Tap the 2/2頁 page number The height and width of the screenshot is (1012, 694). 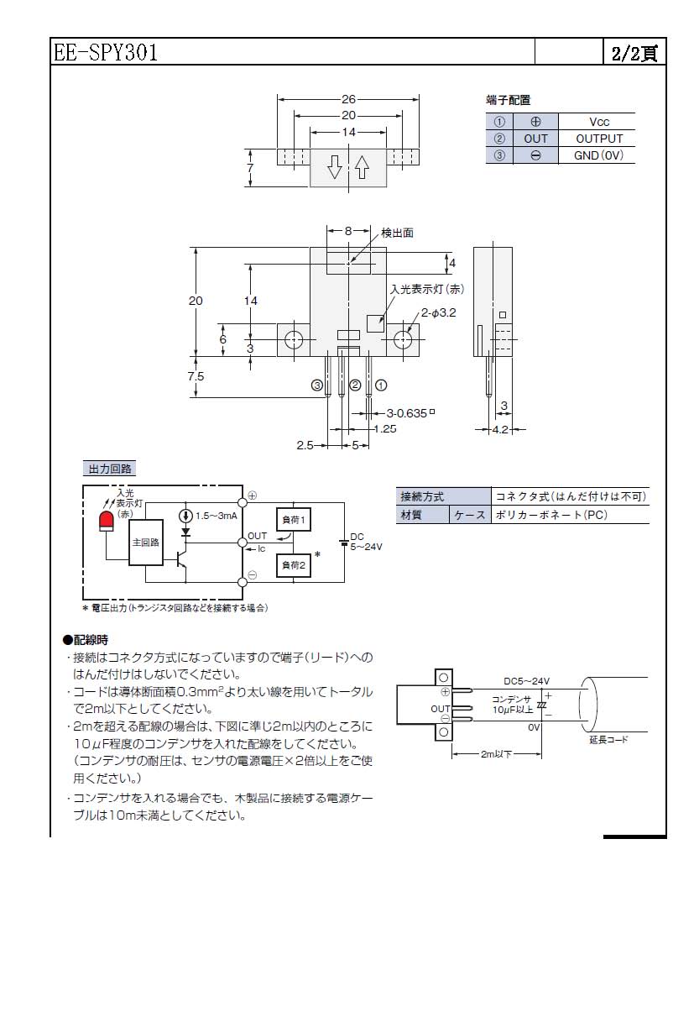pos(634,53)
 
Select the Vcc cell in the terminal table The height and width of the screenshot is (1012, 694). pos(599,122)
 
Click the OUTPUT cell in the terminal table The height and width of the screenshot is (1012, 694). pos(599,139)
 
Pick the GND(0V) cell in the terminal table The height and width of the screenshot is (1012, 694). pos(599,155)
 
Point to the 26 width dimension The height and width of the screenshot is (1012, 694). pos(348,98)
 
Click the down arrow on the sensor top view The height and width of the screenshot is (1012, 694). pos(334,168)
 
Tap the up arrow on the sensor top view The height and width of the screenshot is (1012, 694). pos(362,168)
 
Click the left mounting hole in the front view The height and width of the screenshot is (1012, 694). pos(294,340)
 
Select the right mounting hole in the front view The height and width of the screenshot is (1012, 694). pos(403,340)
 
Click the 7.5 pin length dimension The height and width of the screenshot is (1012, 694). pos(196,377)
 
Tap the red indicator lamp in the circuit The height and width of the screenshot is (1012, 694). pos(107,521)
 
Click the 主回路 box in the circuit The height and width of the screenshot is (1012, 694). pos(145,543)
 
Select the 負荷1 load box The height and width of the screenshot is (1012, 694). pos(293,521)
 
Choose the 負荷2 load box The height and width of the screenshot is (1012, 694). pos(293,566)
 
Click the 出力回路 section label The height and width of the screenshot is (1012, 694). pos(112,469)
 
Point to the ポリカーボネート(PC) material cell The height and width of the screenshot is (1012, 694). pos(550,515)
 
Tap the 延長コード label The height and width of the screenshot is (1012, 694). pos(608,740)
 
